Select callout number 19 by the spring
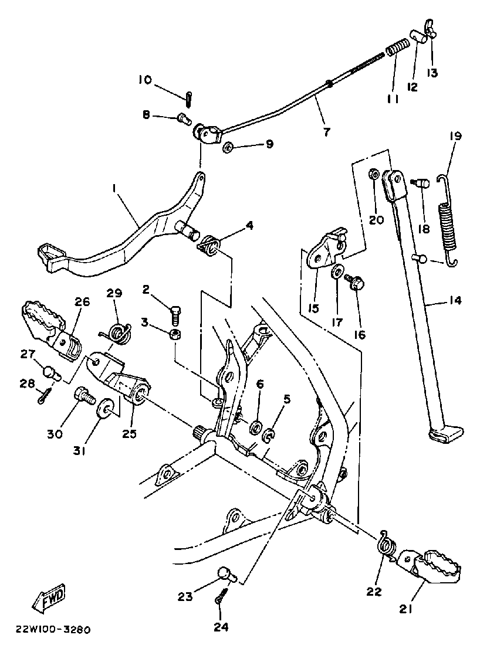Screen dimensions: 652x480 [456, 136]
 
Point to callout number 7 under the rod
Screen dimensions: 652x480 [326, 132]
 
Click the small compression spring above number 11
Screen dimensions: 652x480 [398, 46]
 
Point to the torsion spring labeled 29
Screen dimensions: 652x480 [120, 332]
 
